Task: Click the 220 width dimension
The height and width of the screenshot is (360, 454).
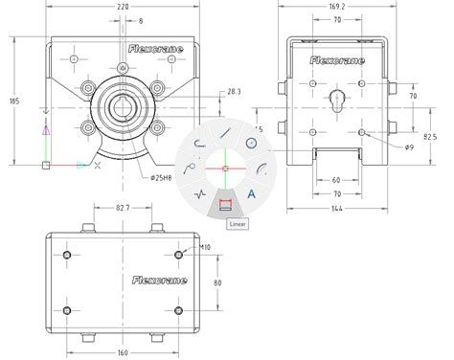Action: [x=125, y=7]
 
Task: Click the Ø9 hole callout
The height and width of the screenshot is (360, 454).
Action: [x=408, y=146]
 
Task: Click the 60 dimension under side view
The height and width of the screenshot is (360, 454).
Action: [x=336, y=179]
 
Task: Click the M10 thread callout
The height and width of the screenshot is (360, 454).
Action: [x=204, y=248]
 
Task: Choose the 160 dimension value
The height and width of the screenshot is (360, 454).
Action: [x=123, y=350]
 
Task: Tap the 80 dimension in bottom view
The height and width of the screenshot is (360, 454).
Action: [x=217, y=283]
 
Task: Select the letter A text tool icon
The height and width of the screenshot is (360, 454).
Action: [x=250, y=193]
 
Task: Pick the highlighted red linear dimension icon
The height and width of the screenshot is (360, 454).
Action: [x=225, y=202]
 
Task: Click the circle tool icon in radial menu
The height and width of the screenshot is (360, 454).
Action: [x=250, y=144]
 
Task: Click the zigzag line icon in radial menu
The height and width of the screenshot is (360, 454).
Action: [x=200, y=193]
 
